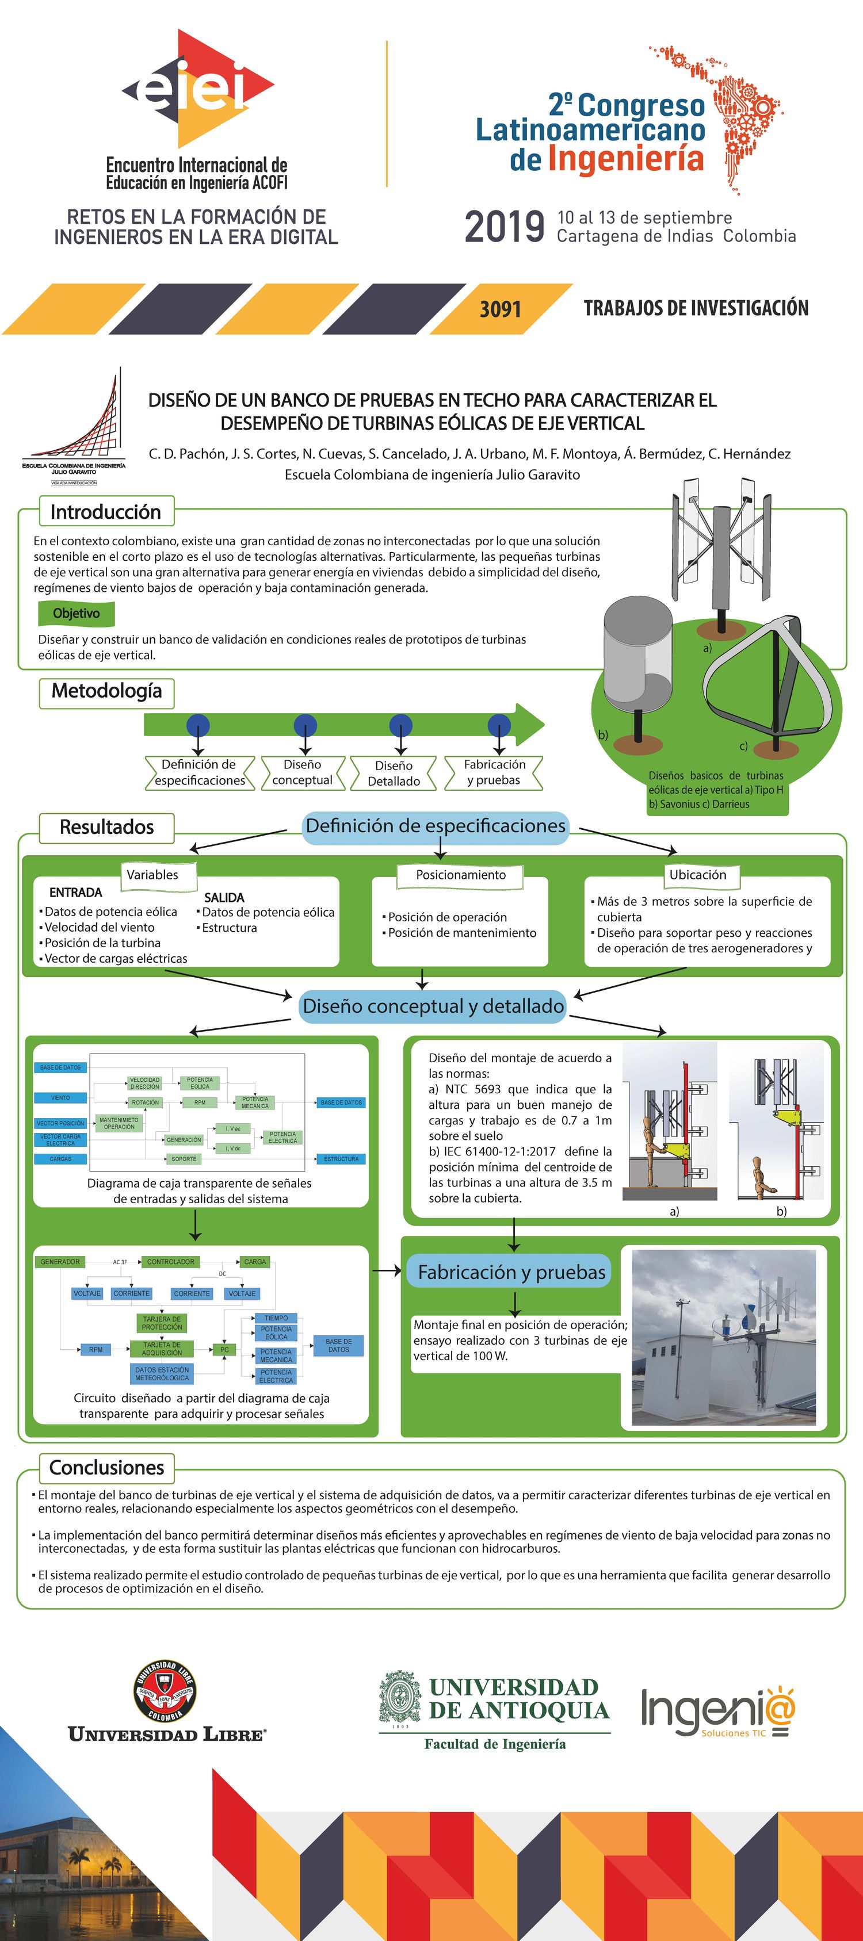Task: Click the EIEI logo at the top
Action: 197,89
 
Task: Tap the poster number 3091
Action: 501,309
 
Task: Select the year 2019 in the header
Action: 504,226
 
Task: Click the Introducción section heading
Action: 105,512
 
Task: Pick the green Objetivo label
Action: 76,613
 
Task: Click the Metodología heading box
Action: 106,691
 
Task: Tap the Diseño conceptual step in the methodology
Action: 302,772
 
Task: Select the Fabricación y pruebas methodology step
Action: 494,772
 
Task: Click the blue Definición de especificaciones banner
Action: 436,826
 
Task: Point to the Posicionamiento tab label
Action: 460,875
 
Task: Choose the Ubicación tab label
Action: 698,875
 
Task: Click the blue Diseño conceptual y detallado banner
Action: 433,1006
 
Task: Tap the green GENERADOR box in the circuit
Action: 60,1261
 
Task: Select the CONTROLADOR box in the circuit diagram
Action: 170,1261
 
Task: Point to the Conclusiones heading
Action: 106,1468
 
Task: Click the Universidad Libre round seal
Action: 165,1691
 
